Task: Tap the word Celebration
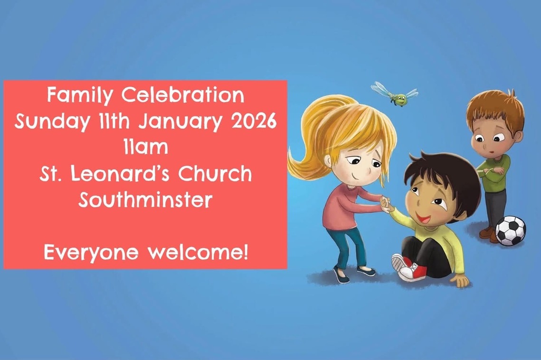[x=182, y=95]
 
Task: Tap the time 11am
[x=146, y=147]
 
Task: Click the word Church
[x=215, y=173]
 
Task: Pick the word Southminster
[x=145, y=199]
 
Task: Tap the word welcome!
[x=198, y=252]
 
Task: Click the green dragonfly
[x=395, y=93]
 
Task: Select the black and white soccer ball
[x=511, y=230]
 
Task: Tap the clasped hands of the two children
[x=387, y=204]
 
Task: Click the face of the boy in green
[x=491, y=140]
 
